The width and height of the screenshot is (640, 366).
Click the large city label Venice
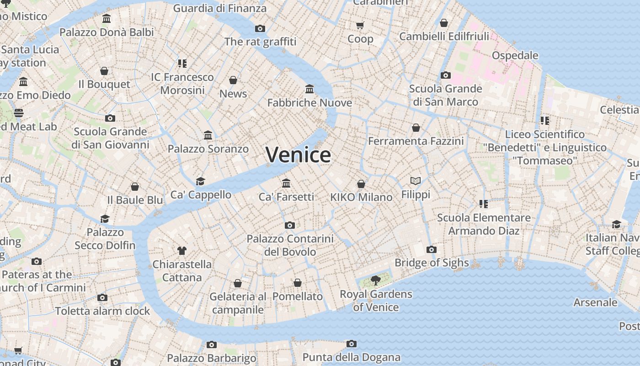tap(298, 155)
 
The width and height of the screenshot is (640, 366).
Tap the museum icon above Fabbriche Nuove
tap(309, 89)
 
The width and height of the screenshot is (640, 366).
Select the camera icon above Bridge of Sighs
tap(432, 249)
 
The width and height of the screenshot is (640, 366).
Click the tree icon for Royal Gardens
tap(376, 280)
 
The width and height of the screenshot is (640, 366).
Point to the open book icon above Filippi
tap(415, 181)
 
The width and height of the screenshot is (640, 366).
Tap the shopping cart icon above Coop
tap(360, 25)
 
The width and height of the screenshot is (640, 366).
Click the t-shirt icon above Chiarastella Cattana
tap(182, 250)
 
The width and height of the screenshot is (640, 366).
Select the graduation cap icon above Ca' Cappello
tap(200, 181)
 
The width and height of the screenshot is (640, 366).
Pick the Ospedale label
tap(515, 55)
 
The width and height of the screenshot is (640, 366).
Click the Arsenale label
tap(595, 302)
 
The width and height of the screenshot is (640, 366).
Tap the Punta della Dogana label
tap(351, 357)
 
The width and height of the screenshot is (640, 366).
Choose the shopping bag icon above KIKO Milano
tap(361, 184)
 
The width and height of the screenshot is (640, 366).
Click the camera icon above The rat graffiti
tap(260, 28)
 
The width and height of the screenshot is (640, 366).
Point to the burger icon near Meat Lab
tap(19, 113)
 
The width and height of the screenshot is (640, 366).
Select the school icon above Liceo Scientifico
tap(544, 121)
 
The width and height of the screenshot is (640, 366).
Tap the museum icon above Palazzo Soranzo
tap(208, 135)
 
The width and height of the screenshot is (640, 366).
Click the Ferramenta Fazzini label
tap(416, 141)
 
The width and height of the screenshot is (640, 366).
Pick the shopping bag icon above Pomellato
tap(298, 283)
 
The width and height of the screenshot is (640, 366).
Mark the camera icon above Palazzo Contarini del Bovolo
tap(290, 225)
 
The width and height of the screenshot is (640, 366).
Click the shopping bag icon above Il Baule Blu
tap(135, 187)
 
